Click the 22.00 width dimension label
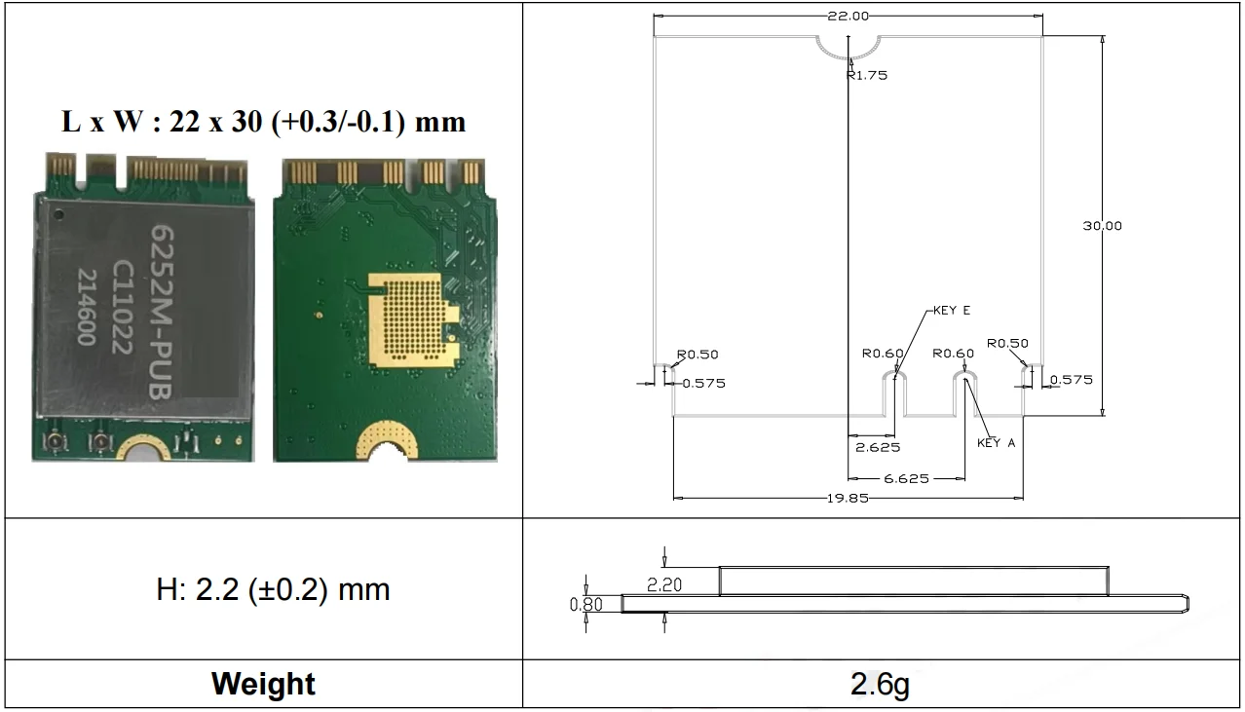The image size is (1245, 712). pyautogui.click(x=848, y=17)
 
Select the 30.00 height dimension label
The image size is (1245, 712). pyautogui.click(x=1102, y=226)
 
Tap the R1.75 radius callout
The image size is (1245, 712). pyautogui.click(x=867, y=75)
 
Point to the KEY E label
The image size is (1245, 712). pyautogui.click(x=952, y=310)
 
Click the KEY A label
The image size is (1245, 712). pyautogui.click(x=996, y=443)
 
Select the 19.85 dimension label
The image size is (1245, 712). pyautogui.click(x=848, y=498)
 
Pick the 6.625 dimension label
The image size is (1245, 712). pyautogui.click(x=907, y=478)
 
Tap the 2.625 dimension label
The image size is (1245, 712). pyautogui.click(x=878, y=447)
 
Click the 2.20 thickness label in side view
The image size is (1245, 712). pyautogui.click(x=664, y=584)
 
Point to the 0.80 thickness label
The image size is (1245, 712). pyautogui.click(x=586, y=604)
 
